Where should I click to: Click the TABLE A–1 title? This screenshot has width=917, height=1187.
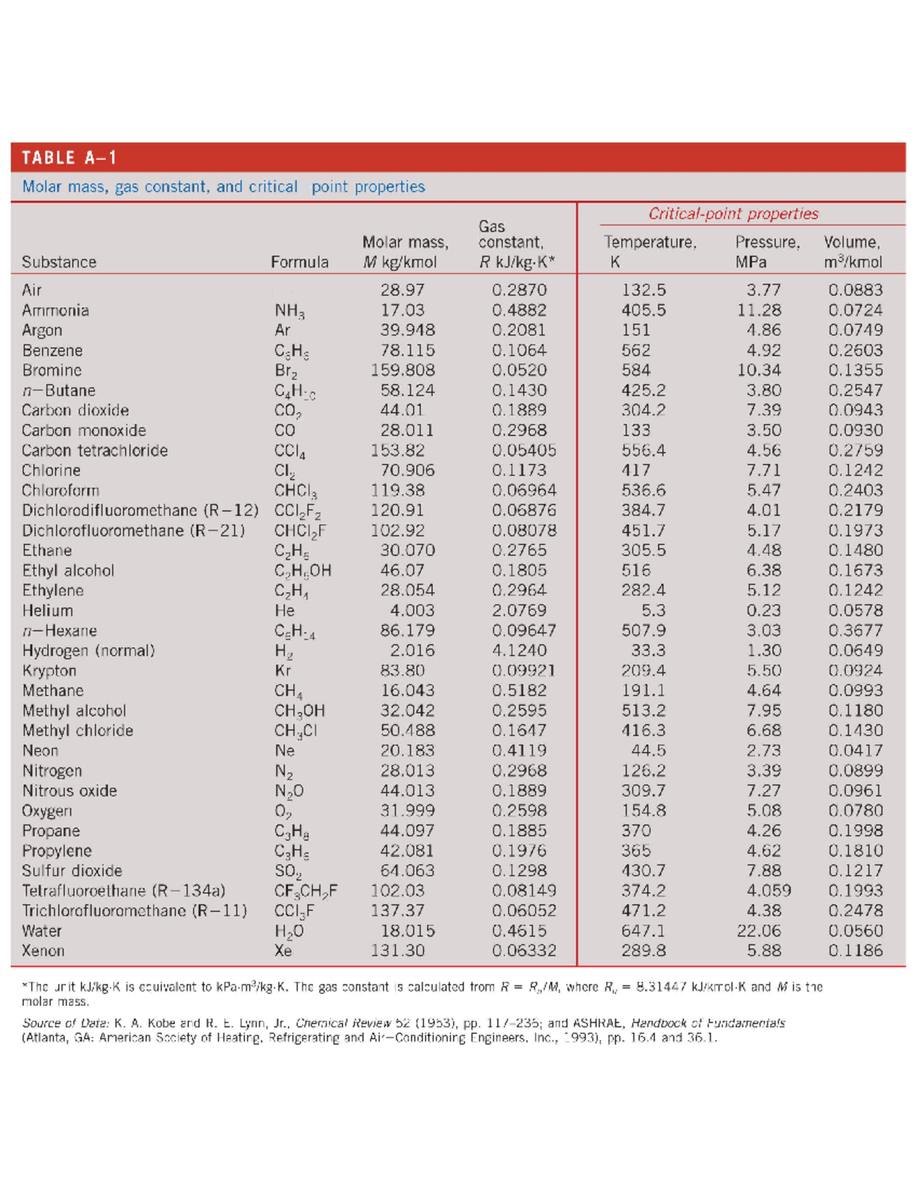pyautogui.click(x=69, y=157)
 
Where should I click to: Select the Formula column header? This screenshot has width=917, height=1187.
pyautogui.click(x=300, y=262)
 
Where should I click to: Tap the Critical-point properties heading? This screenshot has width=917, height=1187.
pyautogui.click(x=733, y=214)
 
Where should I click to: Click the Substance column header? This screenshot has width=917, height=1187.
pyautogui.click(x=59, y=262)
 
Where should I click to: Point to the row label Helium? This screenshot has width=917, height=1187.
pyautogui.click(x=47, y=611)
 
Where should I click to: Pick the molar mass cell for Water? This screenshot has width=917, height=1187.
pyautogui.click(x=407, y=931)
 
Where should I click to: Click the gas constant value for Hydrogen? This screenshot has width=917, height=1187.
pyautogui.click(x=519, y=650)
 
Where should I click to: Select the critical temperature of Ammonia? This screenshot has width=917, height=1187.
pyautogui.click(x=643, y=310)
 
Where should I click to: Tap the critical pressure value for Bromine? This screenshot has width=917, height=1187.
pyautogui.click(x=759, y=370)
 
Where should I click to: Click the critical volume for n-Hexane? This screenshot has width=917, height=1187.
pyautogui.click(x=855, y=631)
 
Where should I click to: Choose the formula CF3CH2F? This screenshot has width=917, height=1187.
pyautogui.click(x=306, y=891)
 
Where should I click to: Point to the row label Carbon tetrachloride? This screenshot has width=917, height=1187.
pyautogui.click(x=95, y=450)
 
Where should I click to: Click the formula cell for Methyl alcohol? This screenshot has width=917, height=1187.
pyautogui.click(x=300, y=711)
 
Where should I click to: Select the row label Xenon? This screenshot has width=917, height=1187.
pyautogui.click(x=43, y=951)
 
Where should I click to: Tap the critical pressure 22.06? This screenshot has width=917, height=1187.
pyautogui.click(x=759, y=931)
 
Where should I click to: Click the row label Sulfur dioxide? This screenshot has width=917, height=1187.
pyautogui.click(x=72, y=871)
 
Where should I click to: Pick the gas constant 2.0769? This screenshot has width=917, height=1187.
pyautogui.click(x=519, y=611)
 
